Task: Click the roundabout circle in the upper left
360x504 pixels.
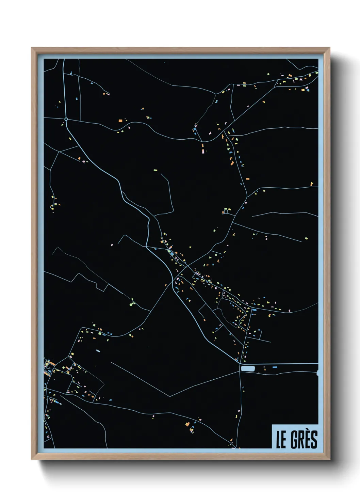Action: (66, 119)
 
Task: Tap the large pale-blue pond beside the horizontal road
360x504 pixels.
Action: (247, 368)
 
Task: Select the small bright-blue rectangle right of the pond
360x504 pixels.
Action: (275, 367)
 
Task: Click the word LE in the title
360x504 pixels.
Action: (281, 440)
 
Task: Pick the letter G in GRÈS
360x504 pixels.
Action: (293, 440)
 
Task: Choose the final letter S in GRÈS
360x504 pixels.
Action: (314, 440)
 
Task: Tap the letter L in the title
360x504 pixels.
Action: (278, 440)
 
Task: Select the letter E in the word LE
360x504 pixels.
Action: (283, 440)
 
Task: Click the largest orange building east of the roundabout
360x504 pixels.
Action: (120, 121)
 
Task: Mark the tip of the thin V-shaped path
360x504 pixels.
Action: (169, 396)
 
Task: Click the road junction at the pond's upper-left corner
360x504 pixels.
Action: (240, 363)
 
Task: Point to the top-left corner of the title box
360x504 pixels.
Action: (272, 425)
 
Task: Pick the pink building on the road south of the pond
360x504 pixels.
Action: (238, 416)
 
